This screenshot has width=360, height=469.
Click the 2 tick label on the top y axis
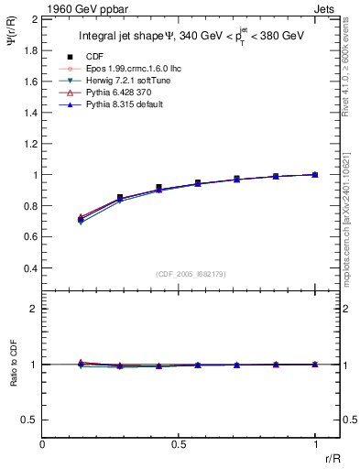[34, 18]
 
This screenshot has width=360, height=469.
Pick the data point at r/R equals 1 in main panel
[315, 174]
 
